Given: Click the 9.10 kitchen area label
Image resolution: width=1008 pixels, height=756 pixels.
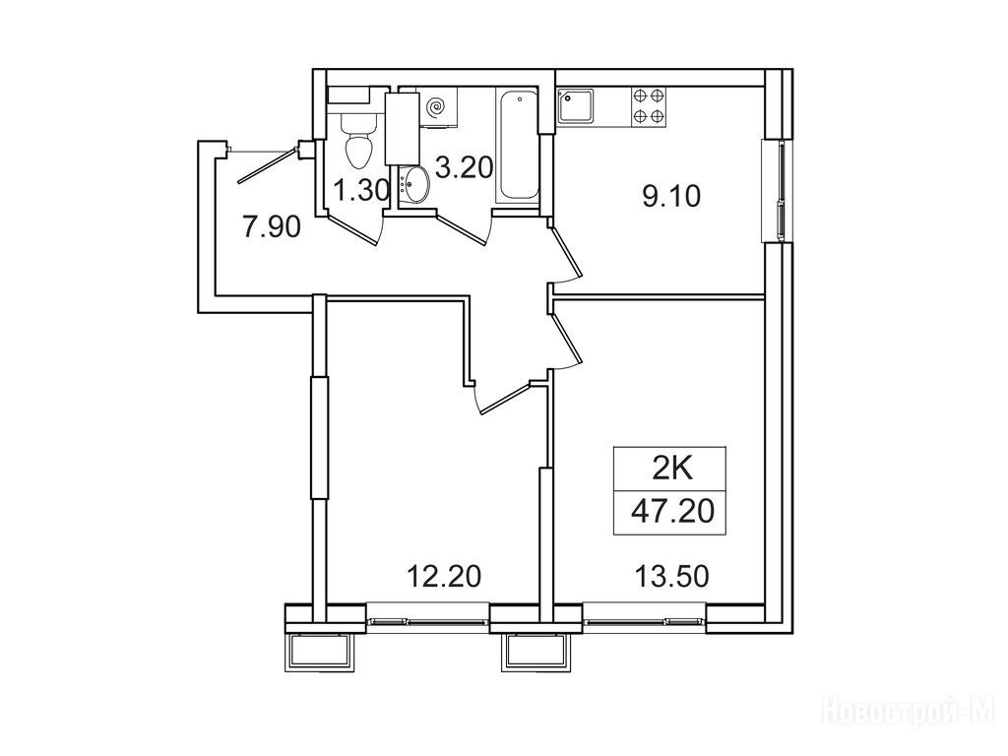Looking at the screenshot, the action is [670, 196].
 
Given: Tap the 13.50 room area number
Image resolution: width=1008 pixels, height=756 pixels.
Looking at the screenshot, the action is [671, 576].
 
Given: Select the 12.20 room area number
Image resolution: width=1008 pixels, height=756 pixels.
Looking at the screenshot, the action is [444, 576].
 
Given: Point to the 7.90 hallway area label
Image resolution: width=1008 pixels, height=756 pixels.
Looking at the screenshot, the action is [272, 227].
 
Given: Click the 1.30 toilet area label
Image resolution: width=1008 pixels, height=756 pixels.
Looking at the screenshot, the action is [362, 191].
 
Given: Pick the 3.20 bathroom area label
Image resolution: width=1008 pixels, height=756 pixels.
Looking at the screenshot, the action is [465, 167].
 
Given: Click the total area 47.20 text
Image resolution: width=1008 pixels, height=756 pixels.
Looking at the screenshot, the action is [672, 512].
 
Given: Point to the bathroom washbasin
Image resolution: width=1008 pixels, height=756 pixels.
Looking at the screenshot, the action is [412, 184].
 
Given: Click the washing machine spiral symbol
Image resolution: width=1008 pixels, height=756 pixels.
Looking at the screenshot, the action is [436, 106].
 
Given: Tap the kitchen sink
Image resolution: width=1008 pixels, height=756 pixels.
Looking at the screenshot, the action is [576, 106].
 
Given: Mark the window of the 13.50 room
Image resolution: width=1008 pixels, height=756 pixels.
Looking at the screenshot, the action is [644, 621].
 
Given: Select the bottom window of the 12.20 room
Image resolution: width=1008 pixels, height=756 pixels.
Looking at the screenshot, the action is [428, 621].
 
